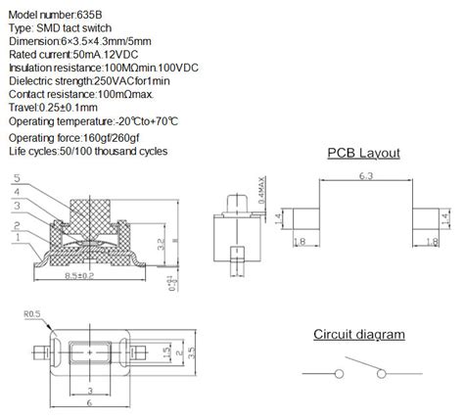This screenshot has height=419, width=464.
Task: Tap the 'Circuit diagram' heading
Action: click(x=358, y=334)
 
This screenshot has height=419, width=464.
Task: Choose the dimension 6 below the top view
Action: click(x=91, y=402)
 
